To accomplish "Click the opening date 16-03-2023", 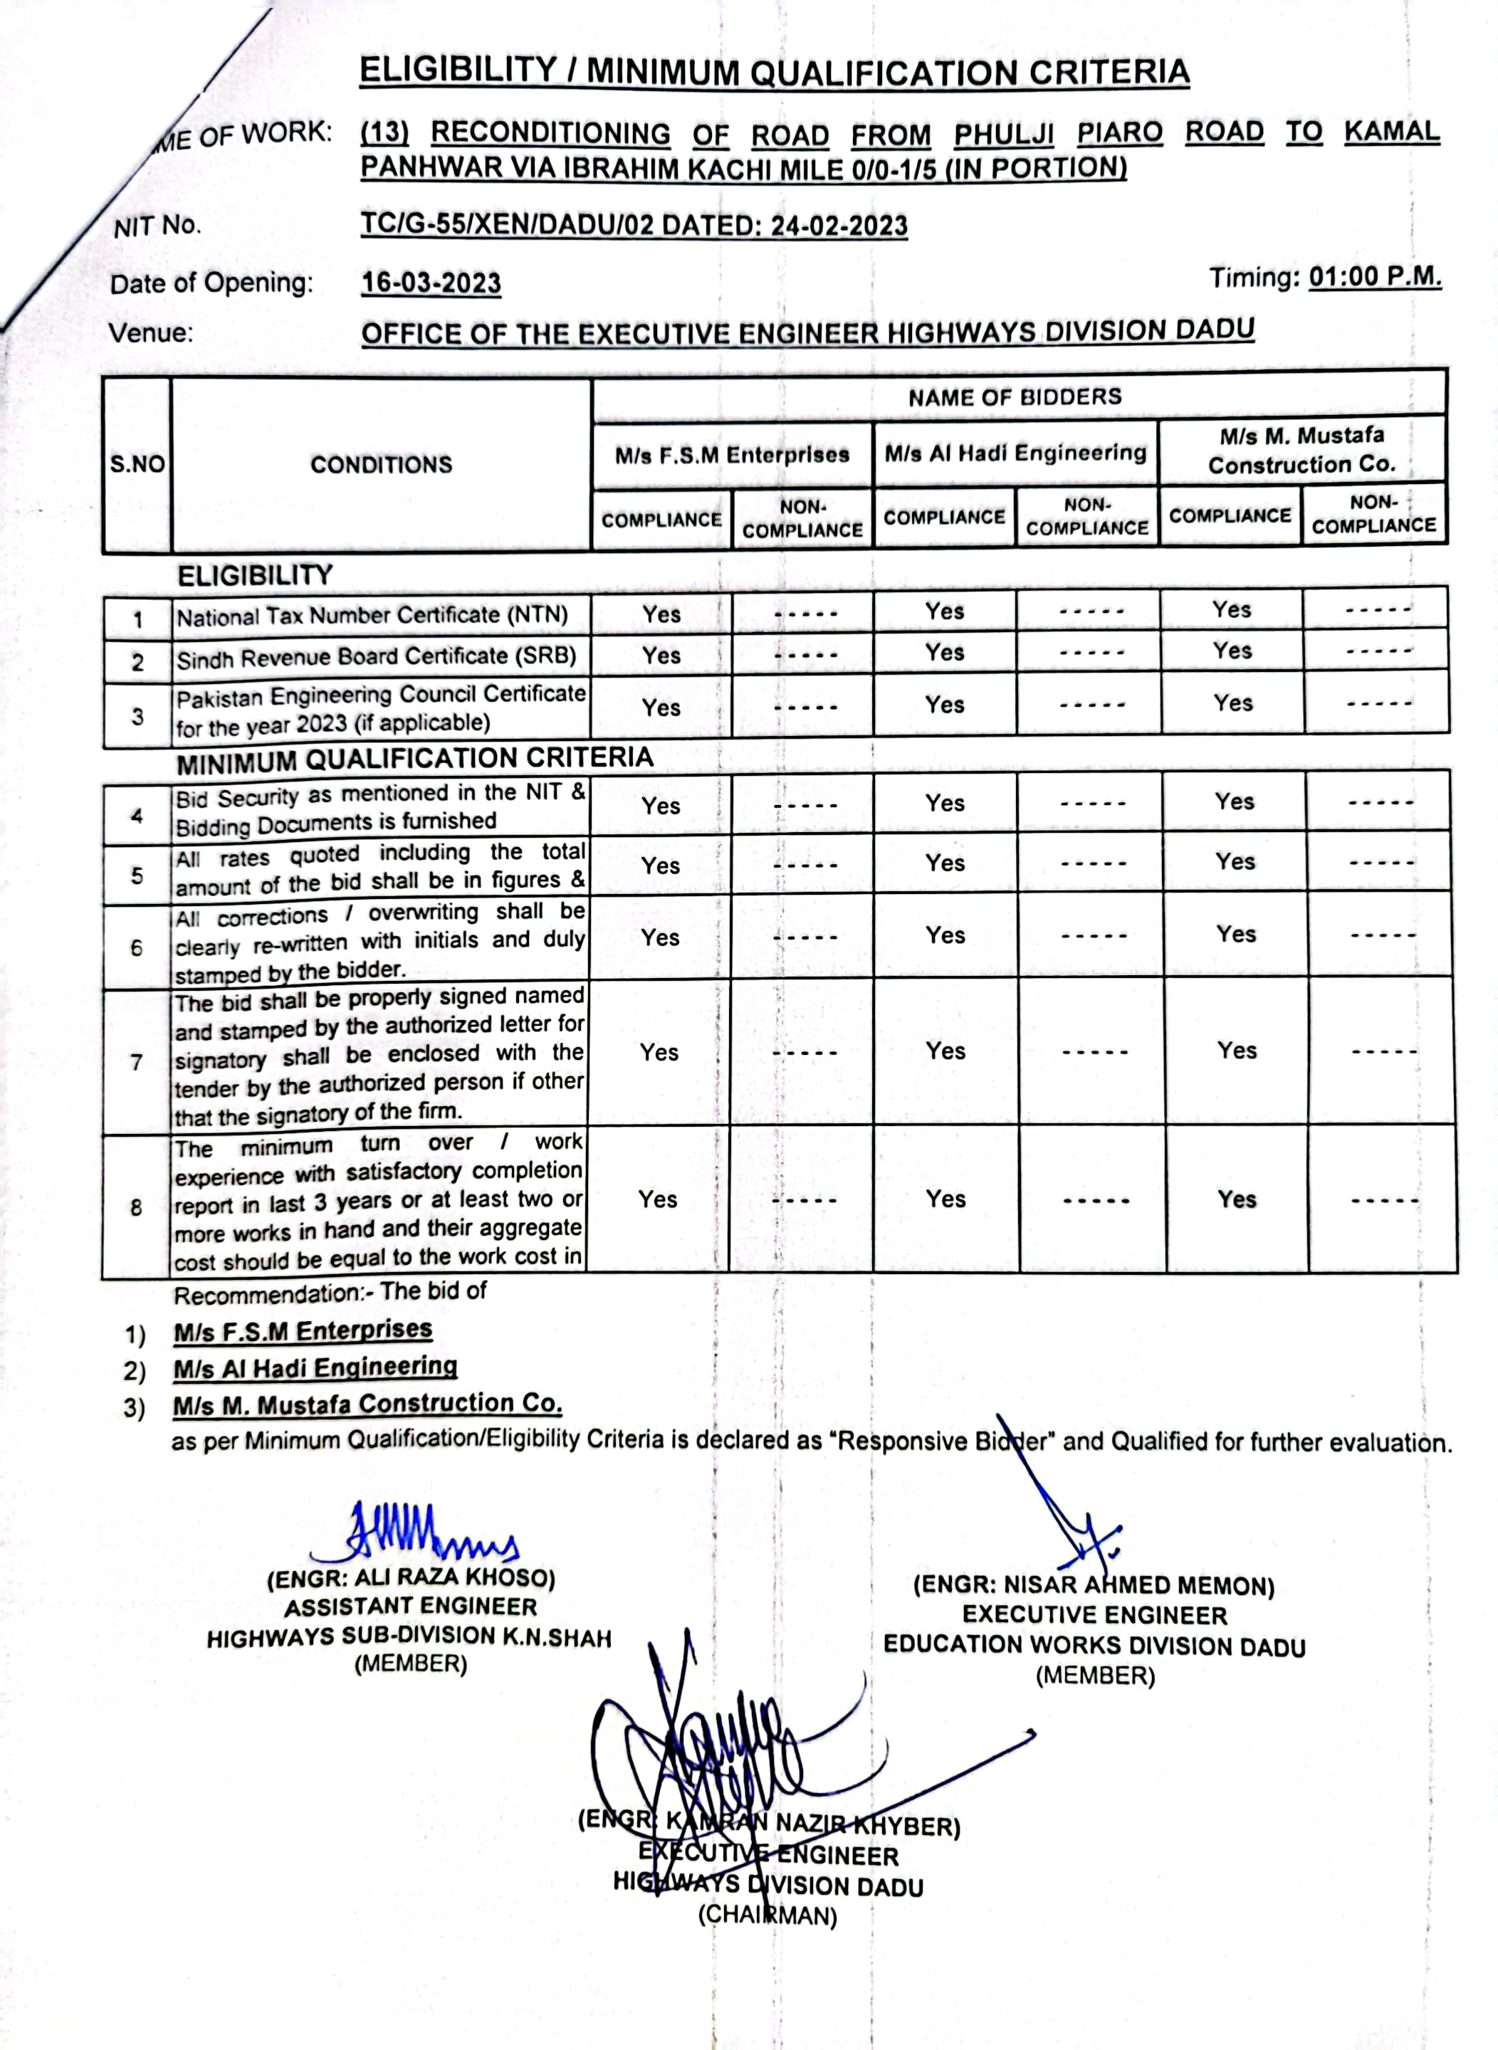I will point(431,283).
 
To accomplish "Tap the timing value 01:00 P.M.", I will point(1375,277).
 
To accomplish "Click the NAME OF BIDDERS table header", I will point(1015,397).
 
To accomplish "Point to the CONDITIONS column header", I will point(381,465).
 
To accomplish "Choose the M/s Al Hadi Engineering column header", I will point(1015,453).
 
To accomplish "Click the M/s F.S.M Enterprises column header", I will point(732,455).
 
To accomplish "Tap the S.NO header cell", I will point(137,465).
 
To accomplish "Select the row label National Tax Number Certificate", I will point(372,616).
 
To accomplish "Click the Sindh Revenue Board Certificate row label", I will point(377,657).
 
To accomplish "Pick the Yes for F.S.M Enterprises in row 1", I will point(661,614).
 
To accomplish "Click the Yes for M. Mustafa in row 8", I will point(1237,1199).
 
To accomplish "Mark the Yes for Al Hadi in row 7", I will point(945,1051).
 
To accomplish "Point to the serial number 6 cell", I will point(136,948).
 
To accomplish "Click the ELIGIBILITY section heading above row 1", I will point(255,576).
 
